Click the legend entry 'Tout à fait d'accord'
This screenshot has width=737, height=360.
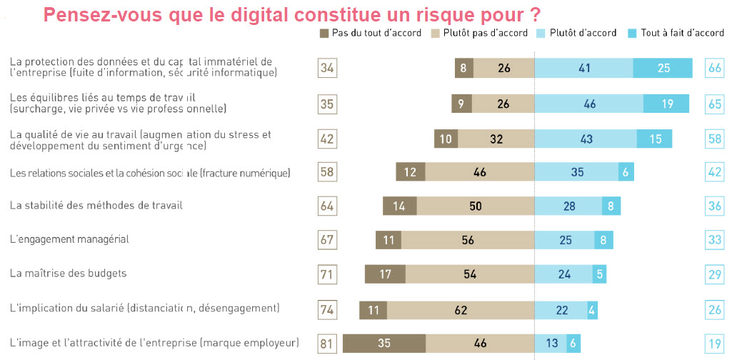(x=682, y=33)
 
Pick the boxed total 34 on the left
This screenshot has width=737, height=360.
(x=327, y=68)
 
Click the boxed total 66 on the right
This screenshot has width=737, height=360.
(x=715, y=68)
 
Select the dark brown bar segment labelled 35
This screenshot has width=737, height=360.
(x=384, y=343)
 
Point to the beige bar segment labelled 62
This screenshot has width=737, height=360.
(x=461, y=309)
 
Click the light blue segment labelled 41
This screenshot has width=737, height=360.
(x=584, y=68)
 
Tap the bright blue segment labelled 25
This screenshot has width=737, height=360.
(x=663, y=68)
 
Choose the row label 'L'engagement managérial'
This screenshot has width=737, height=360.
(x=69, y=239)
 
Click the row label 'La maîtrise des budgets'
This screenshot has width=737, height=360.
(x=68, y=273)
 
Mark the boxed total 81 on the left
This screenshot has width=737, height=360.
(x=327, y=344)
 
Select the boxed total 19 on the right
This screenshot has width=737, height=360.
(x=715, y=344)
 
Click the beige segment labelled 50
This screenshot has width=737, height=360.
(x=476, y=206)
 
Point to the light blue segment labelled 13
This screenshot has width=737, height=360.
(x=551, y=343)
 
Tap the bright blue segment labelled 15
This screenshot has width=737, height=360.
(x=655, y=139)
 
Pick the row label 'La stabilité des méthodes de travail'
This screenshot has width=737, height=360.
(x=96, y=205)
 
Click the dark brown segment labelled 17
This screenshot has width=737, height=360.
(x=385, y=274)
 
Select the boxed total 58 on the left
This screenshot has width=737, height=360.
(x=327, y=172)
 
